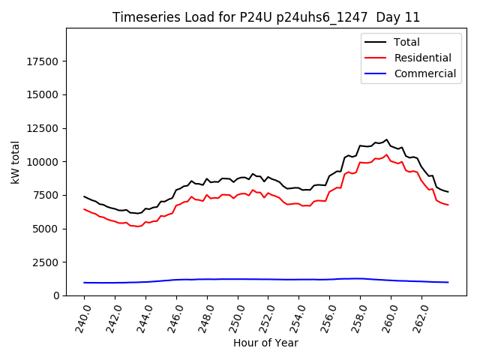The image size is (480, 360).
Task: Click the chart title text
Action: coord(266,17)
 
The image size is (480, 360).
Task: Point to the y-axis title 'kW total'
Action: coord(16,162)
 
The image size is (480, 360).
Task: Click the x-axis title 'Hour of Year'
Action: coord(266,343)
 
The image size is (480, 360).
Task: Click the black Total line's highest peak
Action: coord(387,139)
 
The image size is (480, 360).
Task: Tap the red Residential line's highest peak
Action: coord(387,155)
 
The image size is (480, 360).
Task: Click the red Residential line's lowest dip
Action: coord(138,226)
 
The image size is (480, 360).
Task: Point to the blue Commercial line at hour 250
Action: coord(238,279)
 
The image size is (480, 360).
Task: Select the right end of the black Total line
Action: coord(448,192)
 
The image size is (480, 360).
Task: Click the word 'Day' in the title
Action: coord(388,17)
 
